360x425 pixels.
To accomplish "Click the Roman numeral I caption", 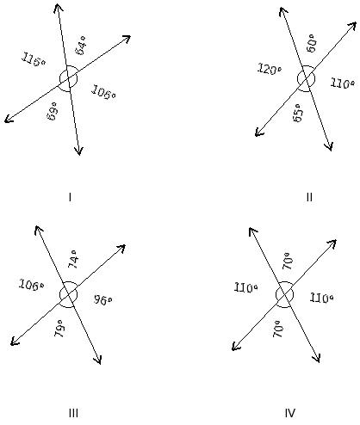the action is (70, 197).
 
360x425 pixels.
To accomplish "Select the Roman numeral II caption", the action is (309, 197).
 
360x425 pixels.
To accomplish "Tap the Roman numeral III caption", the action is (73, 413).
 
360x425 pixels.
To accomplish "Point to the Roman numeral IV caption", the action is (290, 413).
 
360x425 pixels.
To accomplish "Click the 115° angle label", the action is (34, 59).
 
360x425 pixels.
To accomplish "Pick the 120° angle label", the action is (270, 69).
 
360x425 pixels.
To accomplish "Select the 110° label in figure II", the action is (342, 83).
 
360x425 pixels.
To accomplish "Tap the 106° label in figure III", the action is (31, 285).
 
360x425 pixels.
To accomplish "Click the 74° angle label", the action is (72, 259).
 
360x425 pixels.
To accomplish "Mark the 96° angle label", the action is (102, 299).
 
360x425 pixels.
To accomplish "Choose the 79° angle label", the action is (59, 328).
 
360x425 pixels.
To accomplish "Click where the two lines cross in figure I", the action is (68, 78).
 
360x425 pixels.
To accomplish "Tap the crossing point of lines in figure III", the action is (68, 294).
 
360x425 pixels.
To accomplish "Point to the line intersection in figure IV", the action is (285, 294).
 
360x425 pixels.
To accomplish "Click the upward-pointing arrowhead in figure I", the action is (58, 8).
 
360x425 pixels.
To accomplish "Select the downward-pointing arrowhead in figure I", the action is (78, 151).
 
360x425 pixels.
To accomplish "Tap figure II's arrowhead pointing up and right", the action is (352, 27).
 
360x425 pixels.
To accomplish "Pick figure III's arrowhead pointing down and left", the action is (15, 342).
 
